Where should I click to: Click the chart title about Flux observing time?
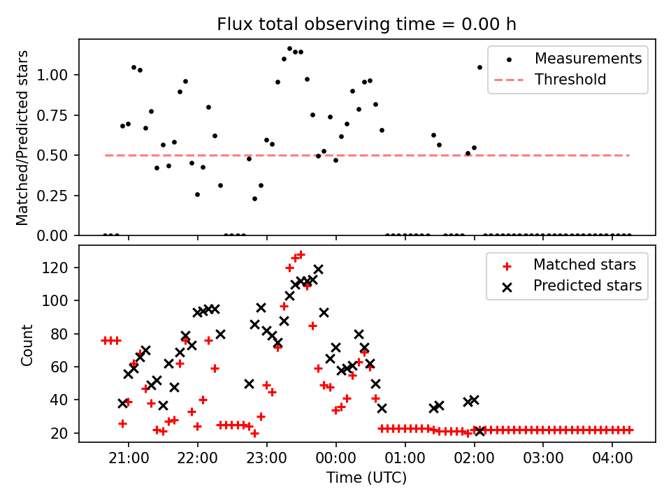tap(367, 24)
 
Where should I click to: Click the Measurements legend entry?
tap(588, 59)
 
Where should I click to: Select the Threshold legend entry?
tap(570, 80)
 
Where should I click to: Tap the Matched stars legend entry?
tap(584, 265)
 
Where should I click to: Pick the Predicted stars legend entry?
tap(587, 286)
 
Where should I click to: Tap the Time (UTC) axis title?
tap(367, 478)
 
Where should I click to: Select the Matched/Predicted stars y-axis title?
tap(22, 138)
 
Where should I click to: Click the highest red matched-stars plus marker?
tap(301, 255)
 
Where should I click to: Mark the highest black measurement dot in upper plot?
tap(289, 49)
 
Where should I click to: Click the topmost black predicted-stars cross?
tap(318, 269)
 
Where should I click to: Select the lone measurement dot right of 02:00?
tap(479, 67)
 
